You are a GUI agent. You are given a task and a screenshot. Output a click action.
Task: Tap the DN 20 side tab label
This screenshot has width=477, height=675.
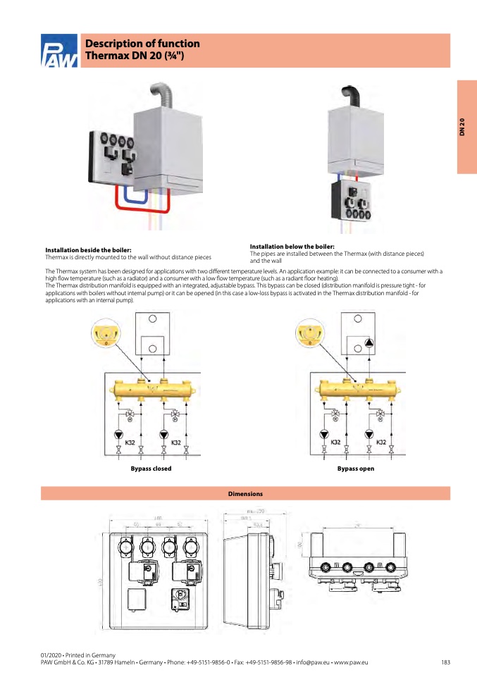[462, 127]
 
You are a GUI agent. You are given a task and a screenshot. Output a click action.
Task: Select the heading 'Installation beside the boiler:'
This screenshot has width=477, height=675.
[88, 250]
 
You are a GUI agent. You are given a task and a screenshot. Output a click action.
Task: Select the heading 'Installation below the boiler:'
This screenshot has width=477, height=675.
[292, 246]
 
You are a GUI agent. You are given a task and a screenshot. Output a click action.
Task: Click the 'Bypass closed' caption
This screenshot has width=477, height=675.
[151, 469]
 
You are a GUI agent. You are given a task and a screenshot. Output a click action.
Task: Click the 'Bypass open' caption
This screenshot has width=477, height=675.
[355, 469]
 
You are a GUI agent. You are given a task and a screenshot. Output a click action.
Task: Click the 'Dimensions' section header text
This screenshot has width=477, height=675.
[245, 494]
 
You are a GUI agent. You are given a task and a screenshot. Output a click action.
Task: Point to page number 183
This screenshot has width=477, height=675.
[445, 662]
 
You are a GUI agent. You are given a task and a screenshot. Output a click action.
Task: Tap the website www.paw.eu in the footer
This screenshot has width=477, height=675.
[352, 662]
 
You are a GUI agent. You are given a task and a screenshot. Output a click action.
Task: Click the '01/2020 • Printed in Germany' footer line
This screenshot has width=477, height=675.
[78, 655]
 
